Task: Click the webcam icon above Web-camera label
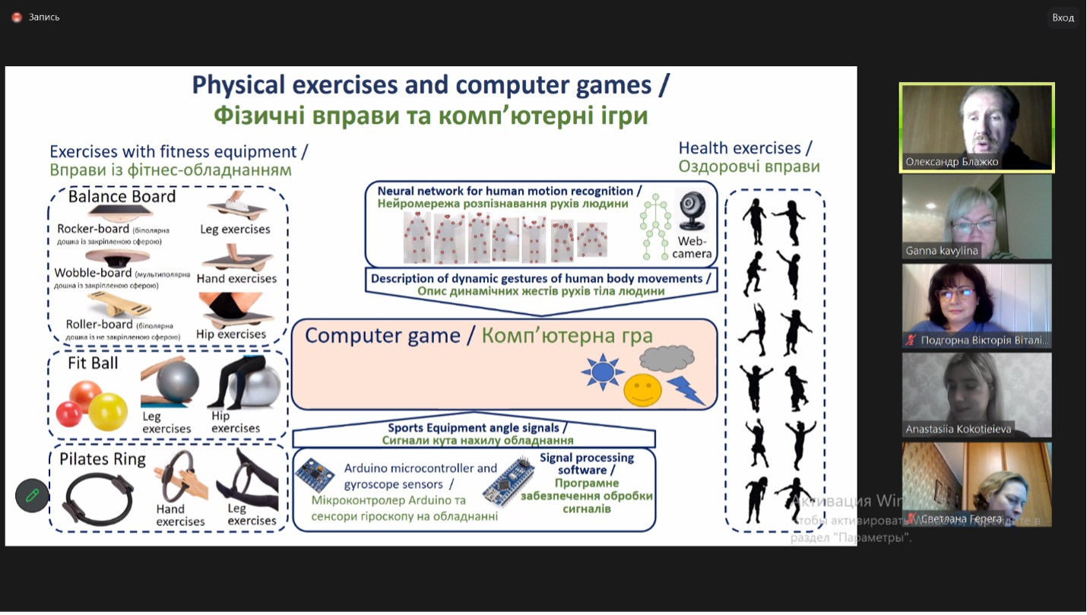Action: point(692,209)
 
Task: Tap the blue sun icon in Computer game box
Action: point(602,372)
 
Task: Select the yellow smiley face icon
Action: point(642,390)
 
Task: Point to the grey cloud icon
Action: point(667,359)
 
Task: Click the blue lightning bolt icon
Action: point(686,389)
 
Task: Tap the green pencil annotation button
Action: point(32,496)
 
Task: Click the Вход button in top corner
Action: point(1063,17)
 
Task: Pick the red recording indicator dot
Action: point(17,17)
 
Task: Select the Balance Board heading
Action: point(122,197)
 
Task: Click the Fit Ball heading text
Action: point(93,363)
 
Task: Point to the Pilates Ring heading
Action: point(103,458)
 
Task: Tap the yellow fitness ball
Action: point(109,412)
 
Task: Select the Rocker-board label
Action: point(93,229)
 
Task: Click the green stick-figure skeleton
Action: point(654,226)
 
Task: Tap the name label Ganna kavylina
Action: point(942,251)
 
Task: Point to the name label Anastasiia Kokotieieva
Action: point(958,430)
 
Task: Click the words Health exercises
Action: point(740,148)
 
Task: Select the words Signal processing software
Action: point(586,464)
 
